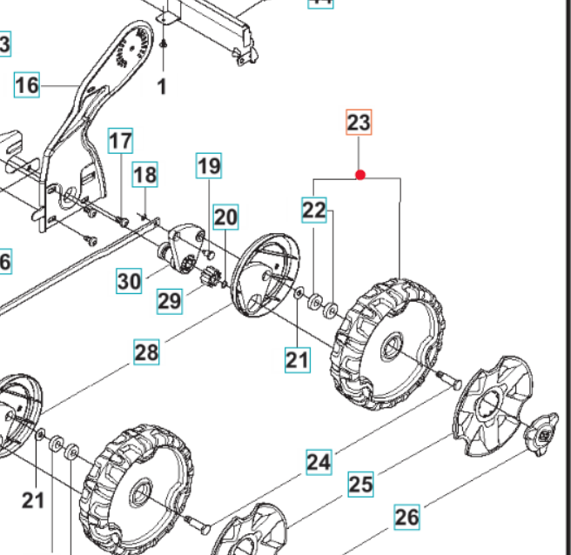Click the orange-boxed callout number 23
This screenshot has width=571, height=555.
tap(359, 123)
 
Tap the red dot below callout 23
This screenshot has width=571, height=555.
tap(359, 175)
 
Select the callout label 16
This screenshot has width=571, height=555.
tap(27, 84)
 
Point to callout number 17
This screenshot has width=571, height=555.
tap(120, 140)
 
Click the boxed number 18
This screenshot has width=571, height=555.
tap(144, 175)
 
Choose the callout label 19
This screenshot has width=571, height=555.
tap(209, 164)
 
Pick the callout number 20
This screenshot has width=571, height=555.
tap(225, 217)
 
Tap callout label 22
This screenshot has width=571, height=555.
tap(314, 210)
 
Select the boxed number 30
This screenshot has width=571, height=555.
tap(129, 281)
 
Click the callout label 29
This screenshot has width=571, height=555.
tap(170, 301)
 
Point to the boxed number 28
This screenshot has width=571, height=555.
tap(146, 352)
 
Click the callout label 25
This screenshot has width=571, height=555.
tap(360, 484)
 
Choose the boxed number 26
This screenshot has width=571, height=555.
tap(406, 517)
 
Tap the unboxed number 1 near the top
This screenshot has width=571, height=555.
tap(161, 86)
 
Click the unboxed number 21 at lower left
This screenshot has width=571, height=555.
tap(32, 499)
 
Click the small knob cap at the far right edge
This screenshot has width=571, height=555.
tap(541, 432)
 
